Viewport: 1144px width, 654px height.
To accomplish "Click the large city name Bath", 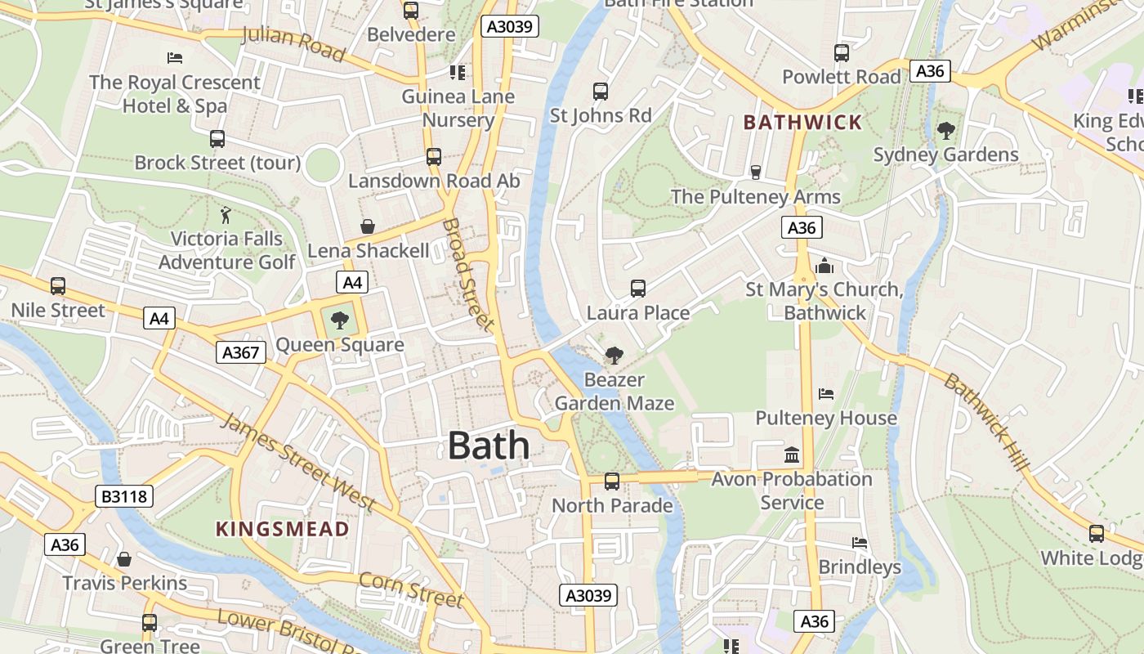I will click(x=489, y=446).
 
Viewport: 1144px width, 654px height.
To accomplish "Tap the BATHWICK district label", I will click(x=802, y=123).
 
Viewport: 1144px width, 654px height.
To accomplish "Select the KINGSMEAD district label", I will click(x=283, y=529).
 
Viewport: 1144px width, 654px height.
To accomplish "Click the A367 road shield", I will click(x=241, y=352).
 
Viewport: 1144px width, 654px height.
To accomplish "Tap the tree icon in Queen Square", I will click(x=339, y=320).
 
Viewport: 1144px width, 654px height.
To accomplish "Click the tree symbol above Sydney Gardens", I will click(x=945, y=130).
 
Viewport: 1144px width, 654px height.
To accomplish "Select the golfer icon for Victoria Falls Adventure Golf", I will click(x=226, y=215).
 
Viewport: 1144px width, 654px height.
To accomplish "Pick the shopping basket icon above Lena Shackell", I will click(x=368, y=226).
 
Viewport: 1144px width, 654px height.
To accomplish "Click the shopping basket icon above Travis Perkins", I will click(x=124, y=559).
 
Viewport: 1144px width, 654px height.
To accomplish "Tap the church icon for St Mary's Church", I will click(x=824, y=267).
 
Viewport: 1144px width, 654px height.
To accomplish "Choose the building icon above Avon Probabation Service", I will click(x=791, y=455).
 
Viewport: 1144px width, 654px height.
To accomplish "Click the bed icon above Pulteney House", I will click(x=826, y=394).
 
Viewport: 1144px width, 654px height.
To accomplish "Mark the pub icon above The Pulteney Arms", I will click(x=756, y=172).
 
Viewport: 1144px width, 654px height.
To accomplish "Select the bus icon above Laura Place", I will click(x=638, y=289).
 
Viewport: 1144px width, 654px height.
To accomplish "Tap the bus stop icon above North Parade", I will click(x=611, y=482).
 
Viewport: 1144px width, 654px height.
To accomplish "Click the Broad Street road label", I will click(x=468, y=275).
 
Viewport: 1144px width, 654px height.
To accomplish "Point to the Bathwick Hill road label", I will click(x=986, y=422).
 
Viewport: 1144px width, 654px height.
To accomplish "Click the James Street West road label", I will click(x=298, y=462).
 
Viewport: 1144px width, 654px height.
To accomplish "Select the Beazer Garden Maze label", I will click(x=614, y=392).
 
